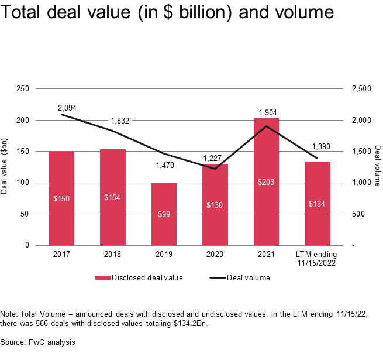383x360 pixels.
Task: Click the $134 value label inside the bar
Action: click(318, 204)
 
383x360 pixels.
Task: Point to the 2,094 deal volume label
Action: click(67, 108)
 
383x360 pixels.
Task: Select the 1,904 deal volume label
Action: click(266, 112)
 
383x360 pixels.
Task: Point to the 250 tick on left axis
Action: click(23, 89)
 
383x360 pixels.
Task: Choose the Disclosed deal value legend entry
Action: click(141, 277)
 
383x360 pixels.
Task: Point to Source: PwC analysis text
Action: click(37, 341)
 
